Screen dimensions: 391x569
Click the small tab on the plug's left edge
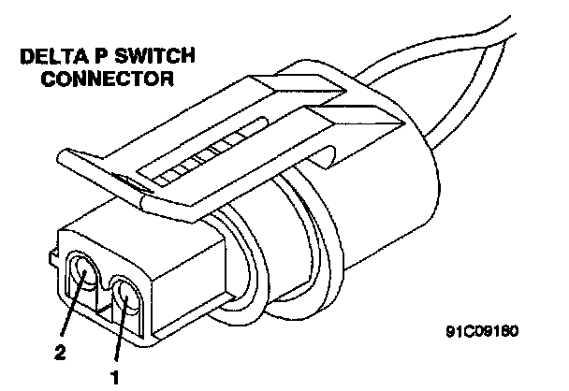(x=49, y=255)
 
